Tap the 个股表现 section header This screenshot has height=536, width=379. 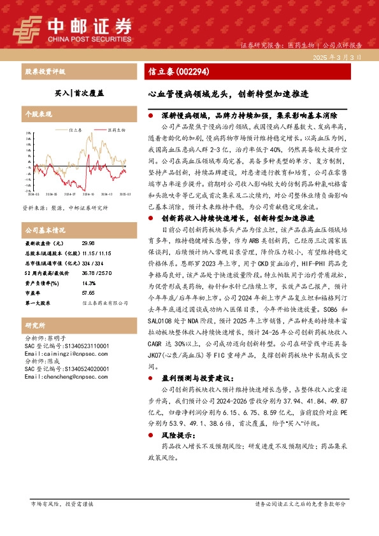click(38, 114)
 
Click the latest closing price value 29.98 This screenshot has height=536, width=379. click(89, 243)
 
